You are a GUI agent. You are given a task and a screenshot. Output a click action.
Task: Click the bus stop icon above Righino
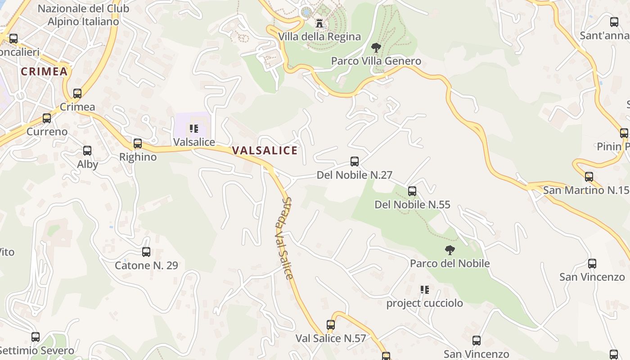coord(138,144)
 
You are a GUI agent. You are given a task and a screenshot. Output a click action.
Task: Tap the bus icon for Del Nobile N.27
coord(355,162)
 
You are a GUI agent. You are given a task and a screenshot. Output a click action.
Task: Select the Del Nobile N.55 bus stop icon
coord(412,191)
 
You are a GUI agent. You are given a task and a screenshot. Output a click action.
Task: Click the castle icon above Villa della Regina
coord(319,23)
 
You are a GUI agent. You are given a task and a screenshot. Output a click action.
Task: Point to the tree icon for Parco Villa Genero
coord(376,47)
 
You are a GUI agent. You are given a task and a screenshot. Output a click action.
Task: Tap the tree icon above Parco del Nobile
coord(450,250)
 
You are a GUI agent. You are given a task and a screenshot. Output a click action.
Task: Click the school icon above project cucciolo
coord(424,290)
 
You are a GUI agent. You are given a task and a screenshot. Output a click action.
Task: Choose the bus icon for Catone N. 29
coord(146,252)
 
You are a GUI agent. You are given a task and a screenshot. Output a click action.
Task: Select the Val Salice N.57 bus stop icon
coord(331,325)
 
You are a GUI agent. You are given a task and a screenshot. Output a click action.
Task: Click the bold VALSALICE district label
coord(265,151)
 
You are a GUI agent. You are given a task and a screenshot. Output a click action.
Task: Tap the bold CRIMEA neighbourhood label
coord(44,72)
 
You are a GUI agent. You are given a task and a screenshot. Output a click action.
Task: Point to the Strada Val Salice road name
coord(285,238)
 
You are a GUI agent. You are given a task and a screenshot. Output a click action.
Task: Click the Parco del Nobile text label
coord(450,263)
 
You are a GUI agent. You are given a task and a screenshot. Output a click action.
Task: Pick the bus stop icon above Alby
coord(87,151)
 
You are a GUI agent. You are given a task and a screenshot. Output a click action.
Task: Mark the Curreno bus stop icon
coord(47,118)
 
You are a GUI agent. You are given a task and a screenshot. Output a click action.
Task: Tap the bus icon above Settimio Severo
coord(36,337)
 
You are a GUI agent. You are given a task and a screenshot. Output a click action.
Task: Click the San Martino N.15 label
coord(586,190)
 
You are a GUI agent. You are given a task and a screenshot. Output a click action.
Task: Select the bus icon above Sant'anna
coord(614,22)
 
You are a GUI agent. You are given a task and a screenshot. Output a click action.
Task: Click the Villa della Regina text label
coord(319,37)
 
